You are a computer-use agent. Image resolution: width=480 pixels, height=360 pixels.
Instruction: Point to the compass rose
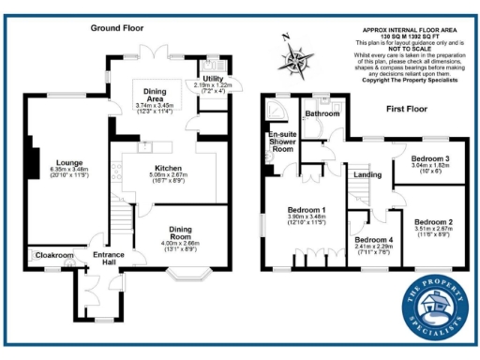tap(300, 62)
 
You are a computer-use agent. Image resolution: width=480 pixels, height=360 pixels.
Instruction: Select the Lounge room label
tap(69, 160)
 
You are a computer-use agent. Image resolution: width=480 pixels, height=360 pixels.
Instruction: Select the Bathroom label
tap(322, 114)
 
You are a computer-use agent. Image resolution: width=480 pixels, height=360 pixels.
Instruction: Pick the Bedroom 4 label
tap(373, 240)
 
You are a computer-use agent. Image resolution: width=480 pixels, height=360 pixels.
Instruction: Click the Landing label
tap(366, 174)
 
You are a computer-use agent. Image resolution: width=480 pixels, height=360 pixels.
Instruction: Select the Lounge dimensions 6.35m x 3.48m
tap(69, 169)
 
